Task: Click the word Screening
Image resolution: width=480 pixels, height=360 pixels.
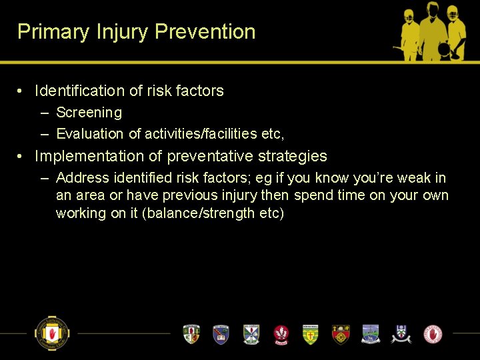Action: coord(89,113)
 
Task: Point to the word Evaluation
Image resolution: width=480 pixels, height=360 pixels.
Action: coord(90,134)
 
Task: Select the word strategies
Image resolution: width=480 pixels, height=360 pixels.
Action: coord(293,156)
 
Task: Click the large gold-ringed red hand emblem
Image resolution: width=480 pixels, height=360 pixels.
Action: coord(52,333)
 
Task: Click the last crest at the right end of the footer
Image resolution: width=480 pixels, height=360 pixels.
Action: coord(433,333)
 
